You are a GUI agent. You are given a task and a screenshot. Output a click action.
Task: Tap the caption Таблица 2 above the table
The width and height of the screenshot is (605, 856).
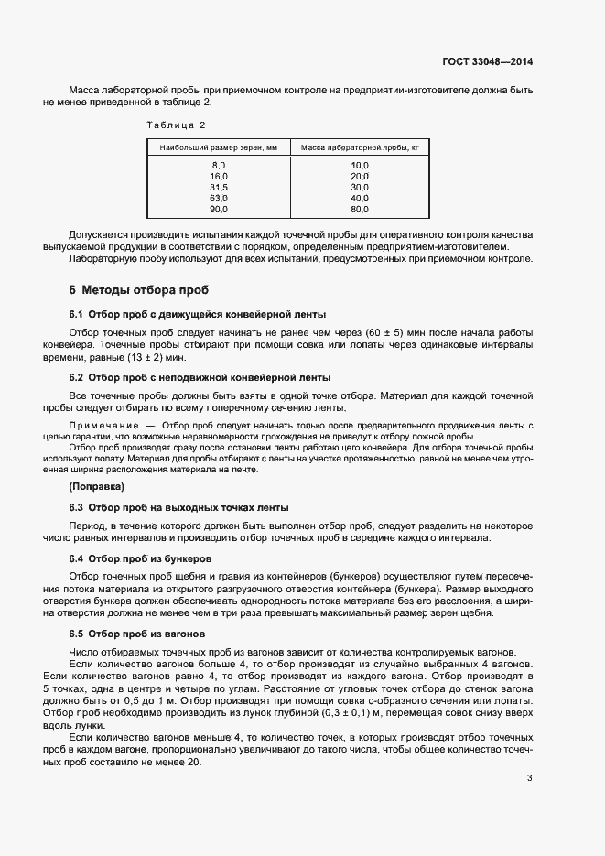(x=177, y=124)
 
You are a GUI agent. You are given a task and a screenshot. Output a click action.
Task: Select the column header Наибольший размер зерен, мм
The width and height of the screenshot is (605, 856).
(x=218, y=146)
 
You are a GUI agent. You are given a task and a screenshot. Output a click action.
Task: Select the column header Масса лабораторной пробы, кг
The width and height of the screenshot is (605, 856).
(x=359, y=146)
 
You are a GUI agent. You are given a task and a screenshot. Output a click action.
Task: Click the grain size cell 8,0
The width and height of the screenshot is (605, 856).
(x=218, y=165)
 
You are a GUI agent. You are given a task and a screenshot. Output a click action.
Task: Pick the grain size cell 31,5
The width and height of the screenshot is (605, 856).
(x=218, y=187)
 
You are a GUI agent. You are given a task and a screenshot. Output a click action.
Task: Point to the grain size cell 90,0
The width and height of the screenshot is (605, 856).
(x=218, y=209)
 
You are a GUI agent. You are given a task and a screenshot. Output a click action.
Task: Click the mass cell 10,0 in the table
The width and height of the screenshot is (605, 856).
(x=359, y=165)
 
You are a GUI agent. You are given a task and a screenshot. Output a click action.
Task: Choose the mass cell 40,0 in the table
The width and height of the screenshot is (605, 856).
(x=359, y=198)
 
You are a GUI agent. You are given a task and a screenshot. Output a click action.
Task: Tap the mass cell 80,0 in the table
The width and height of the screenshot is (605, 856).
(x=359, y=209)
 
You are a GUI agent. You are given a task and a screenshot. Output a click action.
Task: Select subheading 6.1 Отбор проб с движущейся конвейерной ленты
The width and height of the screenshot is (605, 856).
(x=198, y=314)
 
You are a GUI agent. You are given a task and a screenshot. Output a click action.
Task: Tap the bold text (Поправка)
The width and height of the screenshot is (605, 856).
(x=97, y=486)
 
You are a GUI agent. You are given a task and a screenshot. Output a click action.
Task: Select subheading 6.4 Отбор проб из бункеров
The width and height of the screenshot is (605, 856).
(x=141, y=558)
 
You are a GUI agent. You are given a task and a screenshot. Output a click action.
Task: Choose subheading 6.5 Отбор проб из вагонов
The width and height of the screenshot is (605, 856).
(x=137, y=634)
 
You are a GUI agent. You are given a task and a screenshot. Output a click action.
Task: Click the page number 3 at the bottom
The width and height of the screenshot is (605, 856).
(x=529, y=753)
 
